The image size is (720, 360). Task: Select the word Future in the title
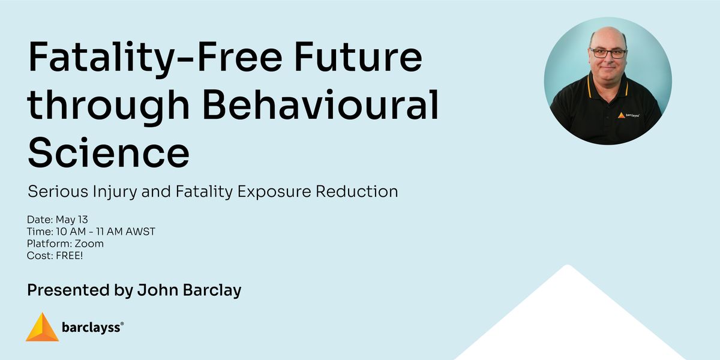[358, 56]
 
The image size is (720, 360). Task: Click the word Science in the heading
[109, 152]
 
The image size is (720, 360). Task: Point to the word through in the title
[109, 107]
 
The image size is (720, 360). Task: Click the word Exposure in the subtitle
[274, 192]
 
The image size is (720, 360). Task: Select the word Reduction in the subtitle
[357, 191]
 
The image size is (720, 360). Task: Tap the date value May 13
[71, 220]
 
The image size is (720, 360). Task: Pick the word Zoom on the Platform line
[89, 244]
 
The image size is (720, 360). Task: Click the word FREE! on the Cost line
[69, 256]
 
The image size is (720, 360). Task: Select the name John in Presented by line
[158, 290]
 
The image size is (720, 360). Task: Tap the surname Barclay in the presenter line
[212, 290]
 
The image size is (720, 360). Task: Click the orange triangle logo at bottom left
[42, 327]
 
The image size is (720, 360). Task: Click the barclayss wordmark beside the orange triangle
[91, 328]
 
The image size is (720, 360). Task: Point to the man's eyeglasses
[608, 53]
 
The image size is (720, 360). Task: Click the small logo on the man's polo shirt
[628, 115]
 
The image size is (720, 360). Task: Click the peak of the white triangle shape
[568, 265]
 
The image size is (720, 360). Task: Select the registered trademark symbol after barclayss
[122, 323]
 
